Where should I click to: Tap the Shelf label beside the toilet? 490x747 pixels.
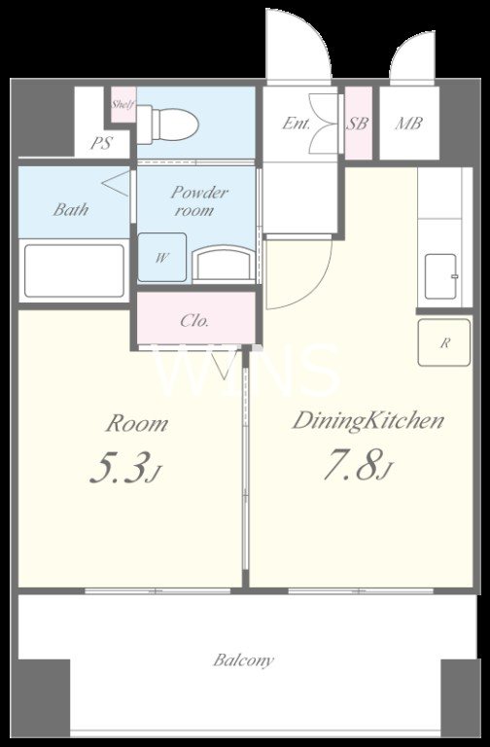[x=123, y=104]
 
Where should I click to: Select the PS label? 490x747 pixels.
[x=101, y=143]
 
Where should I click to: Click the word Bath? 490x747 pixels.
[x=70, y=209]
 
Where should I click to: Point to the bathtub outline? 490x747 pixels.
[x=74, y=270]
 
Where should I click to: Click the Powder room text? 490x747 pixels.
[x=197, y=200]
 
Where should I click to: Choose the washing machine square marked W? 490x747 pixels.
[x=162, y=257]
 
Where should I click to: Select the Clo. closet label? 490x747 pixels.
[x=194, y=320]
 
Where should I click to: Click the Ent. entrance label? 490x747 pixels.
[x=297, y=124]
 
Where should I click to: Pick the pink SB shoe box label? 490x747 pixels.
[x=358, y=124]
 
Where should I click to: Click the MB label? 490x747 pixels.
[x=408, y=124]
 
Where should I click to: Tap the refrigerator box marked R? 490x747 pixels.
[x=444, y=342]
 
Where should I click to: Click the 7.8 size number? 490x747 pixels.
[x=352, y=466]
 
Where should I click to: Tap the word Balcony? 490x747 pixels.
[x=243, y=660]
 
